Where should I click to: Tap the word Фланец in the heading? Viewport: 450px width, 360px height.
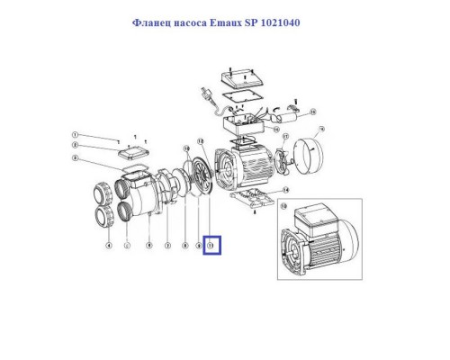152,22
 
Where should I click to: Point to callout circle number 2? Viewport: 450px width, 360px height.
76,146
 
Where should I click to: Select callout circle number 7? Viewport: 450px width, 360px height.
166,244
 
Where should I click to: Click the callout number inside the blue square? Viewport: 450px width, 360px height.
211,244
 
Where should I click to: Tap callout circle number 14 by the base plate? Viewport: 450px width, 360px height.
285,191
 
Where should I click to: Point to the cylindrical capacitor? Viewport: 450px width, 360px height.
293,114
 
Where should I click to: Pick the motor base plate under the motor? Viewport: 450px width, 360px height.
251,200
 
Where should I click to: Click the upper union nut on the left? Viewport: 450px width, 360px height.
102,193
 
